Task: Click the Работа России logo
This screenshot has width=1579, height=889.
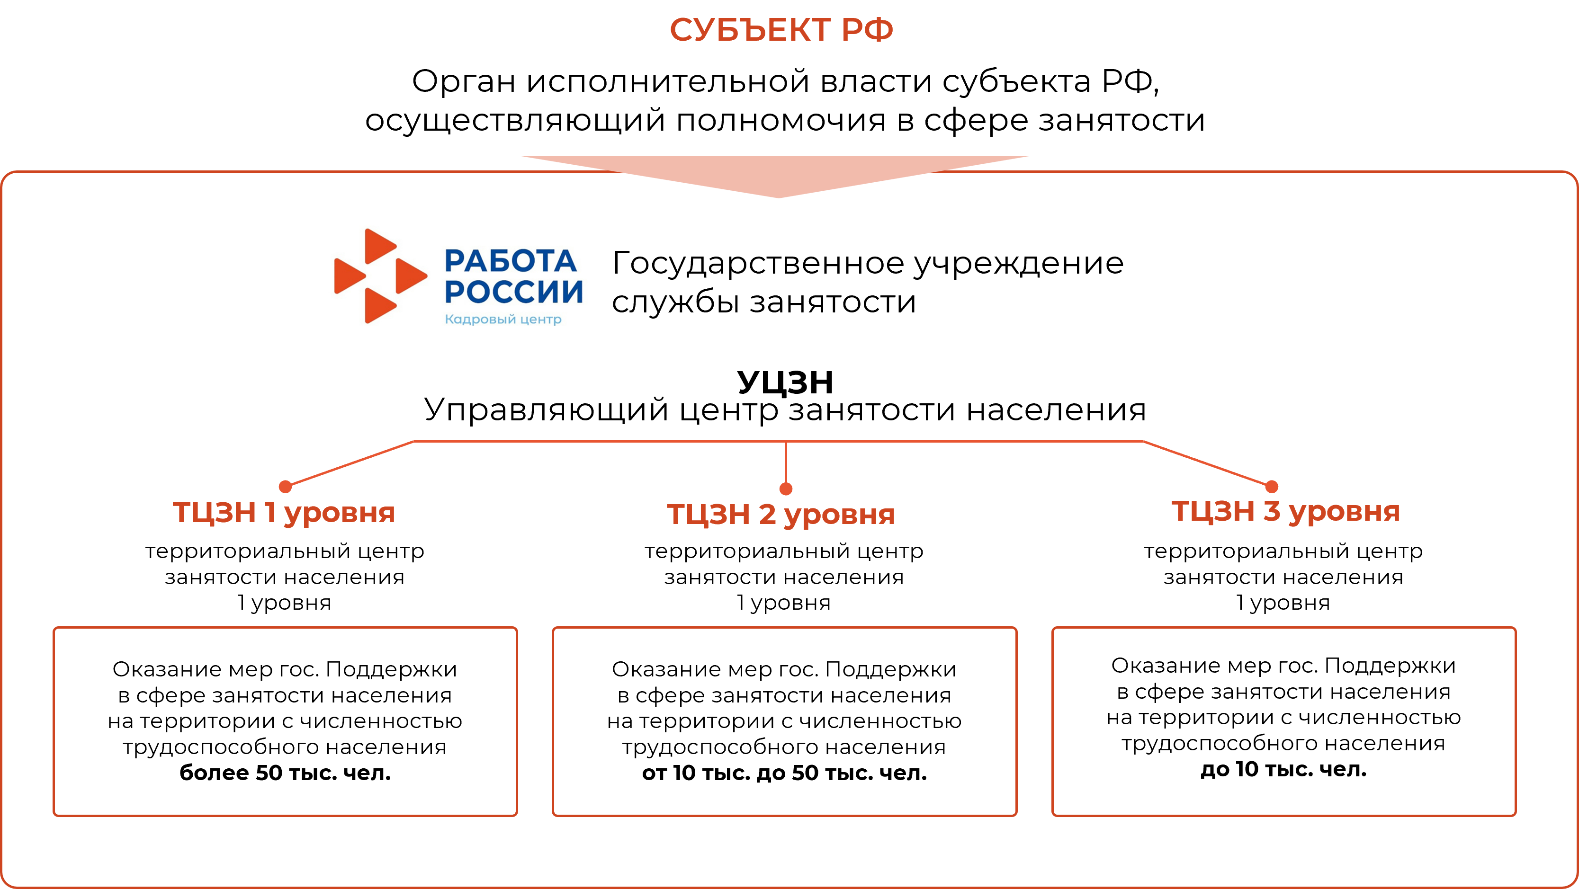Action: tap(456, 272)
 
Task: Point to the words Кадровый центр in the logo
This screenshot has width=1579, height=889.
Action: tap(502, 319)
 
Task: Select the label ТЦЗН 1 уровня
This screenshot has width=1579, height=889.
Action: tap(284, 513)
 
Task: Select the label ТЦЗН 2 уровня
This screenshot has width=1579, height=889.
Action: tap(781, 515)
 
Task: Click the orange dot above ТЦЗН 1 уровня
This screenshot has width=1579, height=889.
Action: tap(285, 487)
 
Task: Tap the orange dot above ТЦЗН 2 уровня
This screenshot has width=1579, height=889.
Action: tap(786, 489)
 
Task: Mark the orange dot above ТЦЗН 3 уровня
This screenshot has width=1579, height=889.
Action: tap(1272, 487)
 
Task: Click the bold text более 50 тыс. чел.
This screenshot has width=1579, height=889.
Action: tap(285, 773)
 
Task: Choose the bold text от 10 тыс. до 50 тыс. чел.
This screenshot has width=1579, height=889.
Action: tap(784, 773)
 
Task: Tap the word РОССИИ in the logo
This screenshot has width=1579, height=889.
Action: tap(514, 292)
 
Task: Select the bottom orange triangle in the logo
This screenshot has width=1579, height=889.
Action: tap(378, 304)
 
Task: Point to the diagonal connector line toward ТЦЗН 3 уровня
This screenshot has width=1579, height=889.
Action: tap(1206, 463)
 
